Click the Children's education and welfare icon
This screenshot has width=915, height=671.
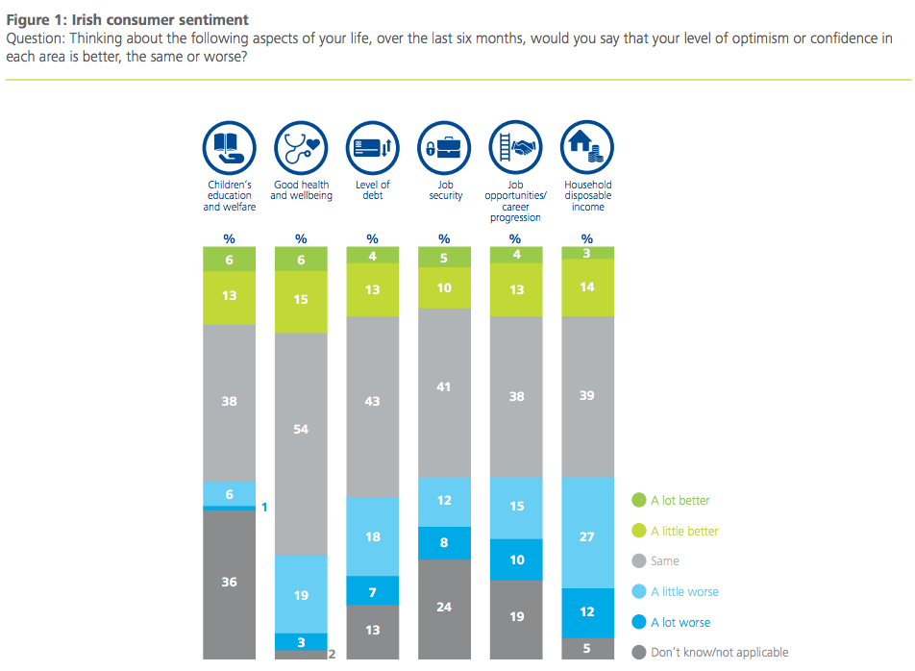tap(229, 147)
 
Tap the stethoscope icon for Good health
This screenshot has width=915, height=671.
tap(301, 147)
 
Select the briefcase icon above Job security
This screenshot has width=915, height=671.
tap(444, 147)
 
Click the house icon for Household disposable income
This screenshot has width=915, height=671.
tap(587, 147)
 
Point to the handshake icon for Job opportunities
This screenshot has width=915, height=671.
tap(516, 147)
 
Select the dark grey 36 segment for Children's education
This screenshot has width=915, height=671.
tap(229, 583)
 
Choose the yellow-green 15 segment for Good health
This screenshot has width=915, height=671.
tap(301, 299)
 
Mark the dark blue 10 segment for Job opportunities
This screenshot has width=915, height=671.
tap(516, 559)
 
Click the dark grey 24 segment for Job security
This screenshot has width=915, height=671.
tap(444, 608)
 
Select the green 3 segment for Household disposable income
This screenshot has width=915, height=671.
tap(587, 253)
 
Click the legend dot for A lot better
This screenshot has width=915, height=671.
tap(638, 500)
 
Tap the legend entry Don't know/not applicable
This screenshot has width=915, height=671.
tap(719, 653)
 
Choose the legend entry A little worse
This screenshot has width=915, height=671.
tap(684, 591)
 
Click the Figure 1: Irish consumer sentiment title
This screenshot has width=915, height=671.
tap(127, 20)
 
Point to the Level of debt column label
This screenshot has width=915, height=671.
tap(372, 189)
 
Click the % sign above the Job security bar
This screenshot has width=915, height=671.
tap(444, 238)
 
